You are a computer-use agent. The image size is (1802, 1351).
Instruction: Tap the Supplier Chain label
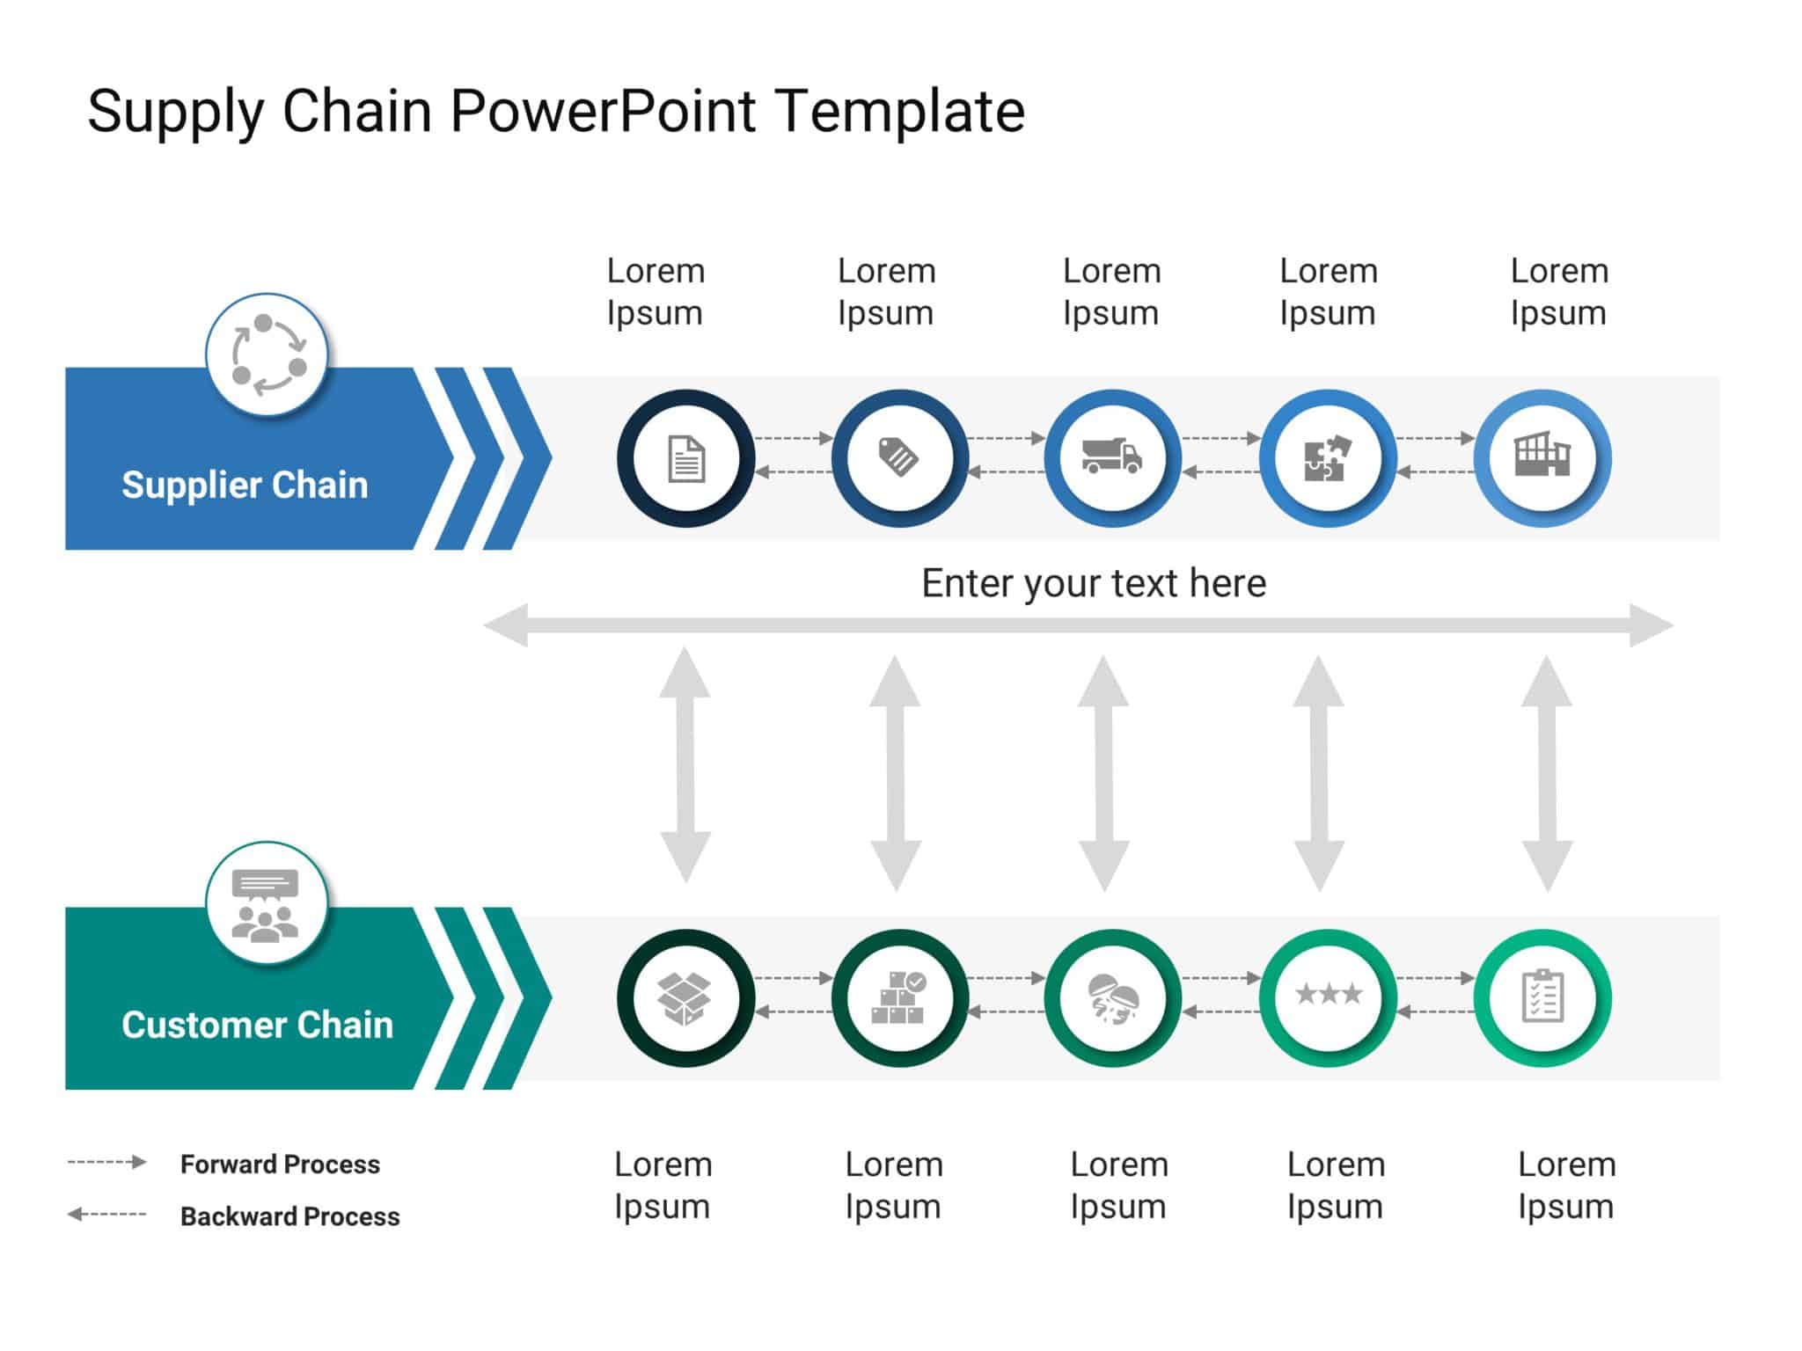click(x=245, y=486)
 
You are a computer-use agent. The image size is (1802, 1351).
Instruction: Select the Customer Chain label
click(x=257, y=1026)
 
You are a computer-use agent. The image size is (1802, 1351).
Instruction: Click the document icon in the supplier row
click(x=686, y=459)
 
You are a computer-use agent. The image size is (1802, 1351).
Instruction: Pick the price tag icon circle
click(x=899, y=458)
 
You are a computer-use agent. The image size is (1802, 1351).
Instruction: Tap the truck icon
click(x=1112, y=457)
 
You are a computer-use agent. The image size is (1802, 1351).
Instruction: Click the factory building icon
click(x=1542, y=456)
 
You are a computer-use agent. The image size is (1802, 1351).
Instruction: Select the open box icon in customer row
click(x=685, y=998)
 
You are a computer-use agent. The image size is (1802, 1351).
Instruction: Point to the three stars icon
click(x=1329, y=995)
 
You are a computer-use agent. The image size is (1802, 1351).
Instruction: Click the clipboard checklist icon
click(x=1542, y=997)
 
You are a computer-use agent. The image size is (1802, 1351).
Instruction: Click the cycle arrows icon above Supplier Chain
click(x=267, y=354)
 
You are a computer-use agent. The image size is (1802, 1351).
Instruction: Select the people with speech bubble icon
click(x=266, y=905)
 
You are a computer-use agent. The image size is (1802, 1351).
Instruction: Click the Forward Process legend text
click(x=280, y=1165)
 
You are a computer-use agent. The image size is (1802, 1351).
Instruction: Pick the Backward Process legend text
click(x=289, y=1216)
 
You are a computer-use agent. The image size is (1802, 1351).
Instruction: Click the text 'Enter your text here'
click(x=1093, y=583)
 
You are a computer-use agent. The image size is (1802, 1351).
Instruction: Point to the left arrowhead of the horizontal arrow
click(x=507, y=625)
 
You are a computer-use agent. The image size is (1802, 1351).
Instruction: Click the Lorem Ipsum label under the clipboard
click(x=1566, y=1186)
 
